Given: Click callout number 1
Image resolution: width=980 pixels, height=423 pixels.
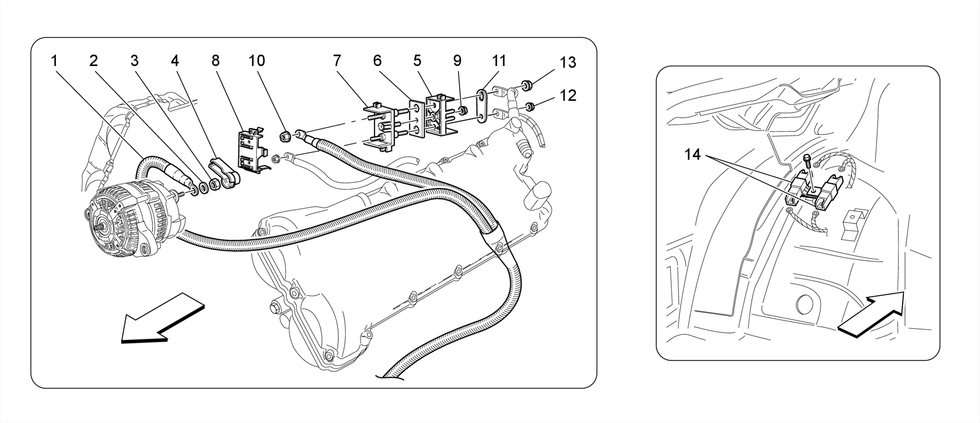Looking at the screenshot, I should point(54,61).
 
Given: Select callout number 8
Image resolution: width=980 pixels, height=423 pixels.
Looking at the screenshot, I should point(215,61).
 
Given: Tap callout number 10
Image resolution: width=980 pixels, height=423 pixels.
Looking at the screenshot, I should point(256,61).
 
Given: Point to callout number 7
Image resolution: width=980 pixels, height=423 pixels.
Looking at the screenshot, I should point(337,61).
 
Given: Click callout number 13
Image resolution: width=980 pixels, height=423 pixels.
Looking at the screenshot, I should point(568,63).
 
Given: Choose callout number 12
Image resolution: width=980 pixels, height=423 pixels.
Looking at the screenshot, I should point(568,95).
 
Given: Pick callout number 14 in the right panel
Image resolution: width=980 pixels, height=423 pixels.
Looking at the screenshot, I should point(692,155).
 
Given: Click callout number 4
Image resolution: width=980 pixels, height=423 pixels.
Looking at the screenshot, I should point(175,61).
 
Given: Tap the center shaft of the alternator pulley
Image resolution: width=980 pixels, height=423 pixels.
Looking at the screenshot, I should point(100,229).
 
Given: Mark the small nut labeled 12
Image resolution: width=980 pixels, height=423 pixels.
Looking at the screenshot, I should point(530,106).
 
